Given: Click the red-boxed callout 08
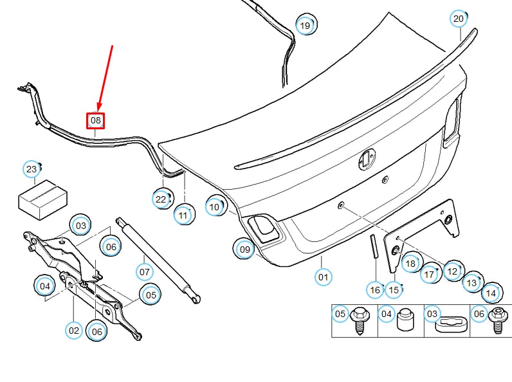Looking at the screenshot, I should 95,120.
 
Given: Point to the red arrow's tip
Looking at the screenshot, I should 98,109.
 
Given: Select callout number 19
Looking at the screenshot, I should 306,26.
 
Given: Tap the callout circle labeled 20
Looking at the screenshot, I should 458,19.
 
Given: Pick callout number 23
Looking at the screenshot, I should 32,170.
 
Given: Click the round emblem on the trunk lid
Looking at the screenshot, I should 367,159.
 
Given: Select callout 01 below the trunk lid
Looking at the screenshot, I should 323,278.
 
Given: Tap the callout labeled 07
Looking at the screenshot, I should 145,272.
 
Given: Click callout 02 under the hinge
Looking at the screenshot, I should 74,331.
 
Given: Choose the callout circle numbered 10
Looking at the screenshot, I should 214,206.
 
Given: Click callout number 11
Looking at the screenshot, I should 184,215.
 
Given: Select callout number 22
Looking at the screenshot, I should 161,199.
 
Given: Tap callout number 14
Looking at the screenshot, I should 491,293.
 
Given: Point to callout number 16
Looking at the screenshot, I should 375,290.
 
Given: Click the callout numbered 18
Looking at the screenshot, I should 410,264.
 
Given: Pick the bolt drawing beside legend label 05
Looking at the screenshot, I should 360,321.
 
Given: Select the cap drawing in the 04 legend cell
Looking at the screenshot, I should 405,320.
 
